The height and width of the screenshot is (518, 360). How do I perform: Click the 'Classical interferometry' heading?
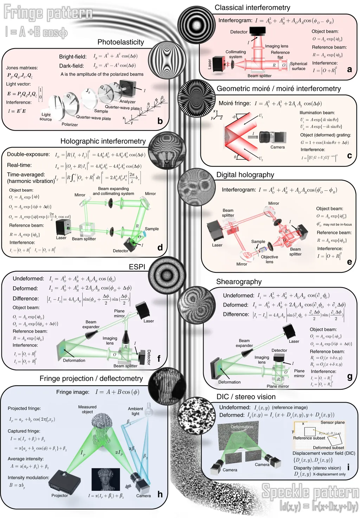point(252,8)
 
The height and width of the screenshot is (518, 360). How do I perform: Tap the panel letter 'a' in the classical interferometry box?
point(349,69)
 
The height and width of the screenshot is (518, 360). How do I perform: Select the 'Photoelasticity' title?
point(121,42)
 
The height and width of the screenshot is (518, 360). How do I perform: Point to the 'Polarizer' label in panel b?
point(70,125)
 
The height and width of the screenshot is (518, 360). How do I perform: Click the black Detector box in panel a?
point(257,31)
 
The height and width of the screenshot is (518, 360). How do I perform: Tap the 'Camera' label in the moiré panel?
point(277,147)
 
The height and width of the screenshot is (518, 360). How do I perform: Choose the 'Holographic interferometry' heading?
point(103,141)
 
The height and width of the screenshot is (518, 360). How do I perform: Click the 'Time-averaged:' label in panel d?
point(26,175)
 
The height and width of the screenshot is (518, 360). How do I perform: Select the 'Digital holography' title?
point(245,175)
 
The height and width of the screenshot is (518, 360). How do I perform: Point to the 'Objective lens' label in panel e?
point(269,259)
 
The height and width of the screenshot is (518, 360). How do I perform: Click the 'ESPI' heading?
point(137,267)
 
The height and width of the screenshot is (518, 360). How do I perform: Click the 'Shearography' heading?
point(239,282)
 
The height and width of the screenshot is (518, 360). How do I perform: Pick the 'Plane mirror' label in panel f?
point(119,313)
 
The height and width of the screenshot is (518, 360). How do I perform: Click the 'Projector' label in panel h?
point(59,495)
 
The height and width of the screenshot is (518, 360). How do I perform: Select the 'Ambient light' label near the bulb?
point(135,411)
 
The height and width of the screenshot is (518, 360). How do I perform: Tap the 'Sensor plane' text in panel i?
point(333,422)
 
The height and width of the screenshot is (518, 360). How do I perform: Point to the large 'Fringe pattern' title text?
point(48,13)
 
